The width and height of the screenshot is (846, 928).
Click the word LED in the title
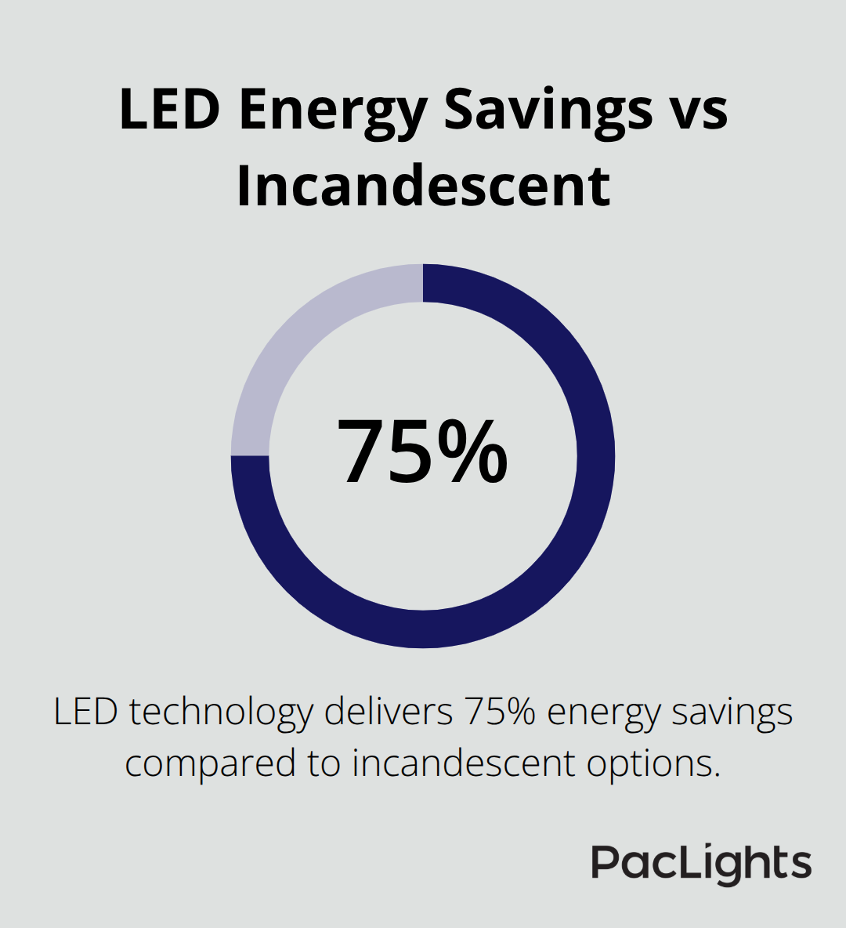[169, 110]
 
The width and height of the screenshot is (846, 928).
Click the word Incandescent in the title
[423, 186]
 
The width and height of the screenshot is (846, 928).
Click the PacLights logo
[701, 864]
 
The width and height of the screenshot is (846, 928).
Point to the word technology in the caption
[220, 713]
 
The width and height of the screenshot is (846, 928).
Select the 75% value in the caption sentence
[500, 712]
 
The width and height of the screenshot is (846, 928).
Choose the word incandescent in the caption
[464, 763]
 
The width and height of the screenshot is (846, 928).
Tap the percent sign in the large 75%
[473, 452]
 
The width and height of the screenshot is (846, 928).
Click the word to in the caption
[324, 763]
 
